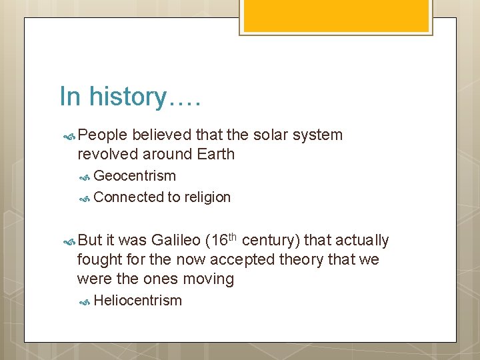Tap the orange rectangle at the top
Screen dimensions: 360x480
(x=335, y=15)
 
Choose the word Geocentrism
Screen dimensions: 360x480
(x=135, y=176)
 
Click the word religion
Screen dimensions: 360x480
(x=207, y=197)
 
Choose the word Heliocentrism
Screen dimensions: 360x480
(x=138, y=301)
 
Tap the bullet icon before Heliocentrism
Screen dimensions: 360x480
(x=85, y=301)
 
